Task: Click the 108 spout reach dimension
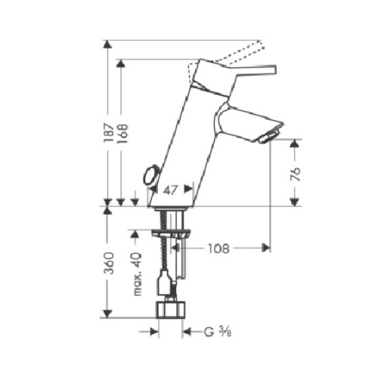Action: coord(219,248)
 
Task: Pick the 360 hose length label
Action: coord(109,264)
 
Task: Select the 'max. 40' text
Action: coord(137,274)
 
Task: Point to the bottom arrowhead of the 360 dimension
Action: coord(110,314)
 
